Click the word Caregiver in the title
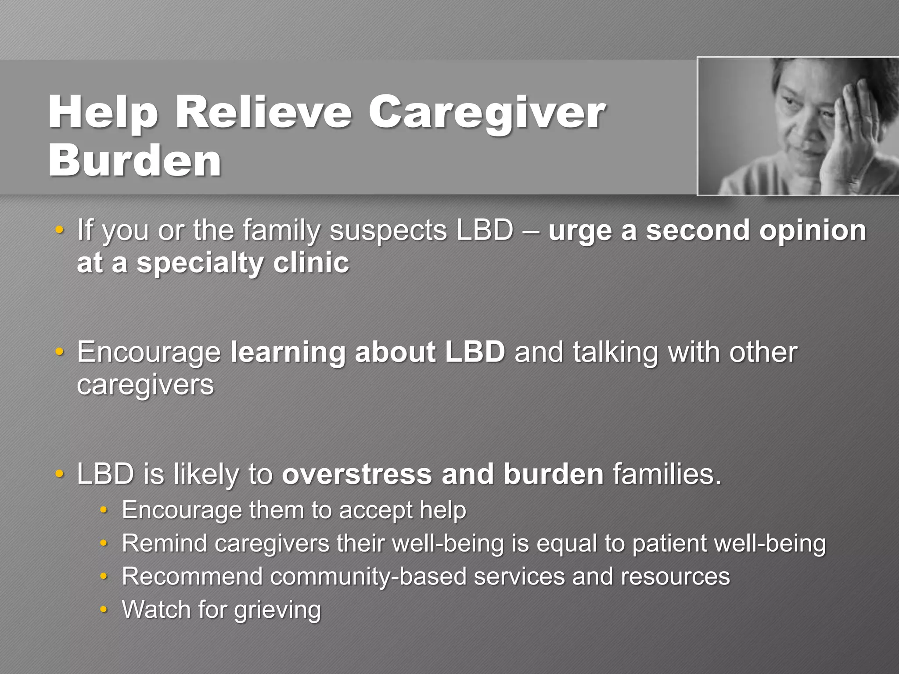pyautogui.click(x=486, y=113)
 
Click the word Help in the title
pyautogui.click(x=103, y=113)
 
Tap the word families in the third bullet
pyautogui.click(x=667, y=474)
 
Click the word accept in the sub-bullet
pyautogui.click(x=375, y=510)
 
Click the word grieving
pyautogui.click(x=277, y=610)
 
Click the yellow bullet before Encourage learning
pyautogui.click(x=59, y=352)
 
